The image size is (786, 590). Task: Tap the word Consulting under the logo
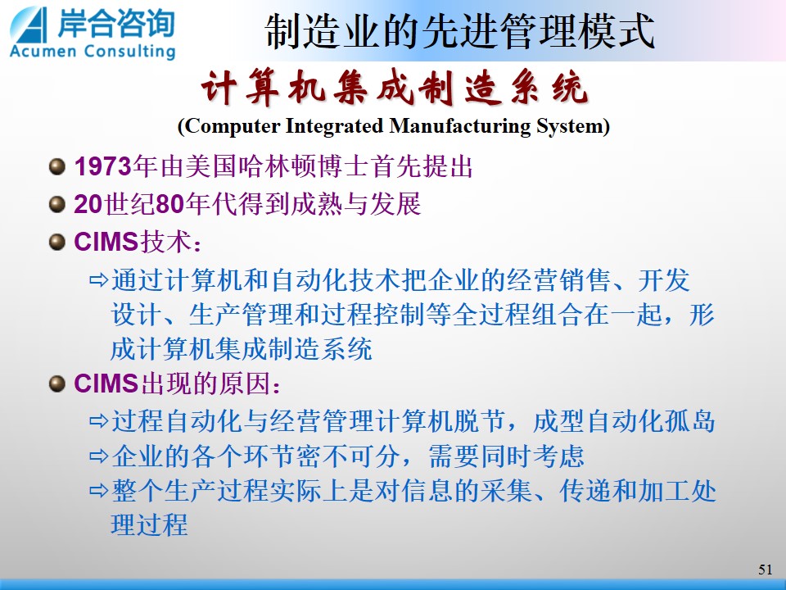[x=130, y=52]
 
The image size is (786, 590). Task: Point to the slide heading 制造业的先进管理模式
[x=459, y=31]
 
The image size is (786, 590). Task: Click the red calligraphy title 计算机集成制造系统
[x=394, y=88]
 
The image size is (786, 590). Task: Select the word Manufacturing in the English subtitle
[x=460, y=126]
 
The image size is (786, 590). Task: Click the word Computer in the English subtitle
[x=233, y=126]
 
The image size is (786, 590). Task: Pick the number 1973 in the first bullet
[x=103, y=166]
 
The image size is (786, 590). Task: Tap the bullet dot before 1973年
[x=57, y=166]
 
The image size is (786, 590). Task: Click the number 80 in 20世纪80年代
[x=170, y=204]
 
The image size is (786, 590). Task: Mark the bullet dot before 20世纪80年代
[x=57, y=205]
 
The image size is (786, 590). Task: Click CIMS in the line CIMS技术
[x=106, y=242]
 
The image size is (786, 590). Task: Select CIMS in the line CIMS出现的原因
[x=106, y=383]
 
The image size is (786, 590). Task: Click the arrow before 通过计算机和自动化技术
[x=99, y=280]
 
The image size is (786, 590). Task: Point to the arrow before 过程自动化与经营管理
[x=99, y=421]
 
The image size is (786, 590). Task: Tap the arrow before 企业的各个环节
[x=99, y=456]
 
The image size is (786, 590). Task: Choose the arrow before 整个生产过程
[x=99, y=491]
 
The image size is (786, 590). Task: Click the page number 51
[x=765, y=570]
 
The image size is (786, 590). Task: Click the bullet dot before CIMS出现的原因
[x=57, y=384]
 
